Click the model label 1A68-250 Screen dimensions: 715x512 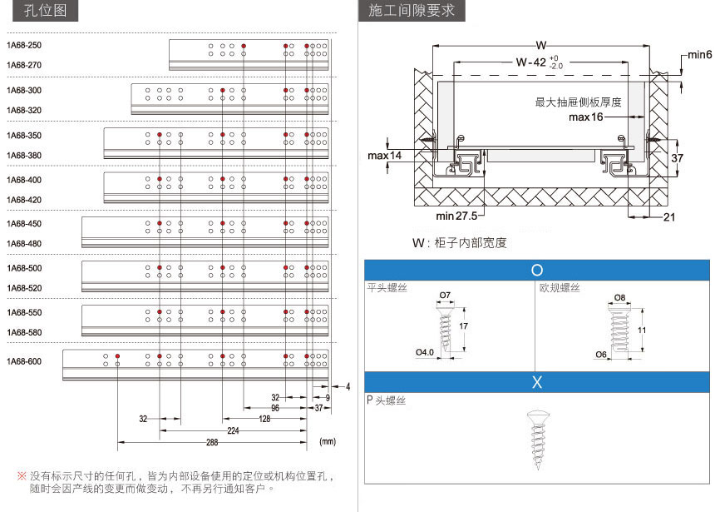point(24,45)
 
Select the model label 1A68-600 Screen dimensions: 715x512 point(24,362)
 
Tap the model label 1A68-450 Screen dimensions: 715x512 point(24,224)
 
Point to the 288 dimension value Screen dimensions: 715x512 point(212,442)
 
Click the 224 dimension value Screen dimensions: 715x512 point(233,430)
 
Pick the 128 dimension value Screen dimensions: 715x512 point(264,419)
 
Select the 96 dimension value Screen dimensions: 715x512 point(275,408)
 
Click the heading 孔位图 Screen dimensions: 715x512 point(45,11)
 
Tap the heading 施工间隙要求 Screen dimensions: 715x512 point(412,11)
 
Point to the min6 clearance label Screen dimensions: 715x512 point(699,55)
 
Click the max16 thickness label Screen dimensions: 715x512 point(585,117)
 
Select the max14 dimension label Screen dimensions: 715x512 point(384,156)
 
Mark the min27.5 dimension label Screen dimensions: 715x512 point(456,216)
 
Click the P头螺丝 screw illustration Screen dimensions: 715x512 point(538,440)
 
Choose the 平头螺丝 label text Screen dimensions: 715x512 point(387,287)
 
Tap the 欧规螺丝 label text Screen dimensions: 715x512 point(560,287)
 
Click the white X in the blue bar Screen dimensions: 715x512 point(537,382)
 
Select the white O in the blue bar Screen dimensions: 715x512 point(537,270)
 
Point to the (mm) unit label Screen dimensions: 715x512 point(328,441)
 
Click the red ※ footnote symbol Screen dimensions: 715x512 point(22,476)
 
